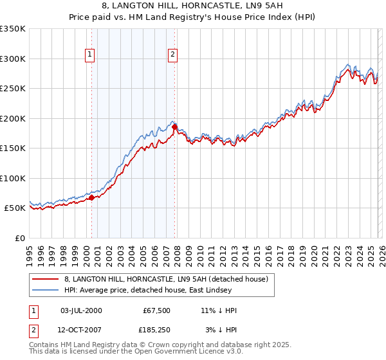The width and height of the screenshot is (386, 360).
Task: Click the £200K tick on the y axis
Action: pos(13,118)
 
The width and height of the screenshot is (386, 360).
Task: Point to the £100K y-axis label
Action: pos(13,178)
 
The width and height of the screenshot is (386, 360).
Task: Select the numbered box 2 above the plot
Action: pos(172,55)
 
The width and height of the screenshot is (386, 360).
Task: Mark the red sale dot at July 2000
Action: pos(91,198)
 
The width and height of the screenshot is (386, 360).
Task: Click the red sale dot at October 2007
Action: pos(174,127)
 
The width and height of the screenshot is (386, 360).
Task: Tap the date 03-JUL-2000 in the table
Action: pos(80,310)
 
